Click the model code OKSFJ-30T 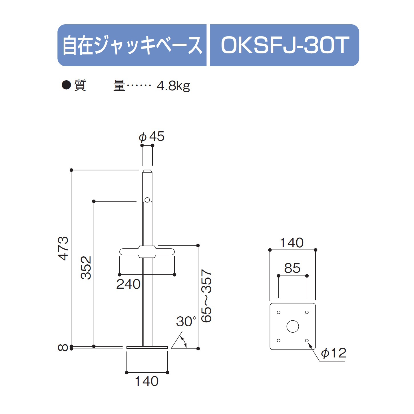click(x=285, y=45)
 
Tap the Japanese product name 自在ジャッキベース click(x=132, y=45)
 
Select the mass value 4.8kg click(x=173, y=86)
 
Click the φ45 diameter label click(x=152, y=136)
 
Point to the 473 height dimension click(x=63, y=248)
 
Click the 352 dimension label click(x=86, y=268)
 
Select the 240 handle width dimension click(x=128, y=284)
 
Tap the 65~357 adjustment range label click(x=206, y=296)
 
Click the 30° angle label click(x=186, y=321)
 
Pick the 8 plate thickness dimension click(x=63, y=347)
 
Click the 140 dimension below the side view click(x=146, y=381)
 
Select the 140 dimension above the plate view click(x=292, y=243)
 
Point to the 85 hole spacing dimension click(x=292, y=268)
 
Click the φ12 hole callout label click(x=333, y=353)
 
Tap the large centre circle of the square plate click(x=293, y=326)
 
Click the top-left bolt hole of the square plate click(x=279, y=312)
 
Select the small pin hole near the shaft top click(x=147, y=200)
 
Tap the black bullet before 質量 click(x=66, y=85)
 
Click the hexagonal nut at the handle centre click(x=147, y=252)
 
